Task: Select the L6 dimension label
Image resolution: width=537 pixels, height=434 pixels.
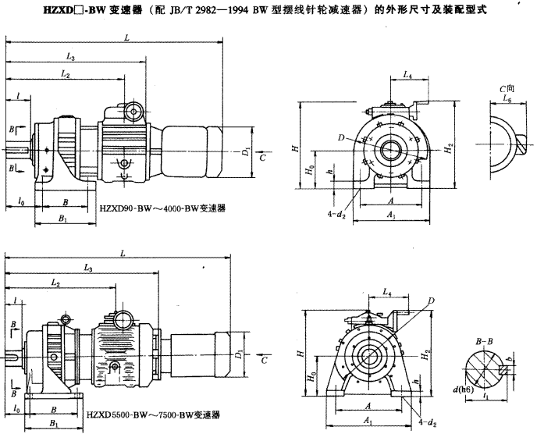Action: point(507,101)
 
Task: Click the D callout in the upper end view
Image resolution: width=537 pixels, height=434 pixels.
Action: point(364,138)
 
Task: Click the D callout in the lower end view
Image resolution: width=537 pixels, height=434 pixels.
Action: point(430,302)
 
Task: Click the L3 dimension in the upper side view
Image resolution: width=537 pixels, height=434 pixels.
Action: point(70,58)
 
